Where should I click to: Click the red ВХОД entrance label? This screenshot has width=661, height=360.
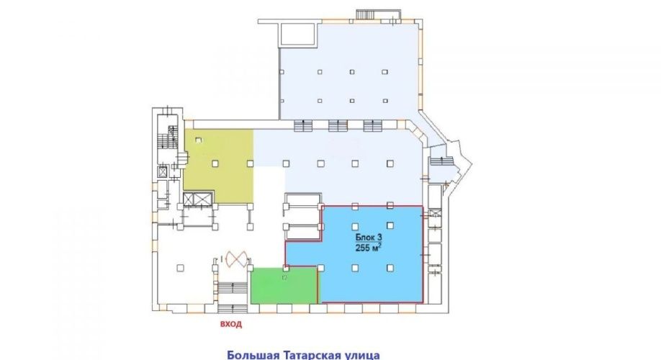click(x=231, y=324)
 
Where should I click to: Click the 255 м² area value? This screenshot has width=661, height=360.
click(x=369, y=248)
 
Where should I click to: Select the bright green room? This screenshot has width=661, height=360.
click(x=283, y=285)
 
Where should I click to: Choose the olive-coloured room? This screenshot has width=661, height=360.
click(x=219, y=166)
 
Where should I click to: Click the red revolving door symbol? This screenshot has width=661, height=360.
click(x=237, y=258)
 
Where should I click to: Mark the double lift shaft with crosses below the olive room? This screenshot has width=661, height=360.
click(x=197, y=199)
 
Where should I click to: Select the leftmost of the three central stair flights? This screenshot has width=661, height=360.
click(x=303, y=125)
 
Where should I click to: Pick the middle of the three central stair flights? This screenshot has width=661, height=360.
click(x=338, y=125)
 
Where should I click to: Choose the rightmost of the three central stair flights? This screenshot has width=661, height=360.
click(x=373, y=125)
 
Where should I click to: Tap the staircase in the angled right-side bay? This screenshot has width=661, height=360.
click(x=441, y=162)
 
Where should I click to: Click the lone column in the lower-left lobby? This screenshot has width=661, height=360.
click(x=181, y=268)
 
